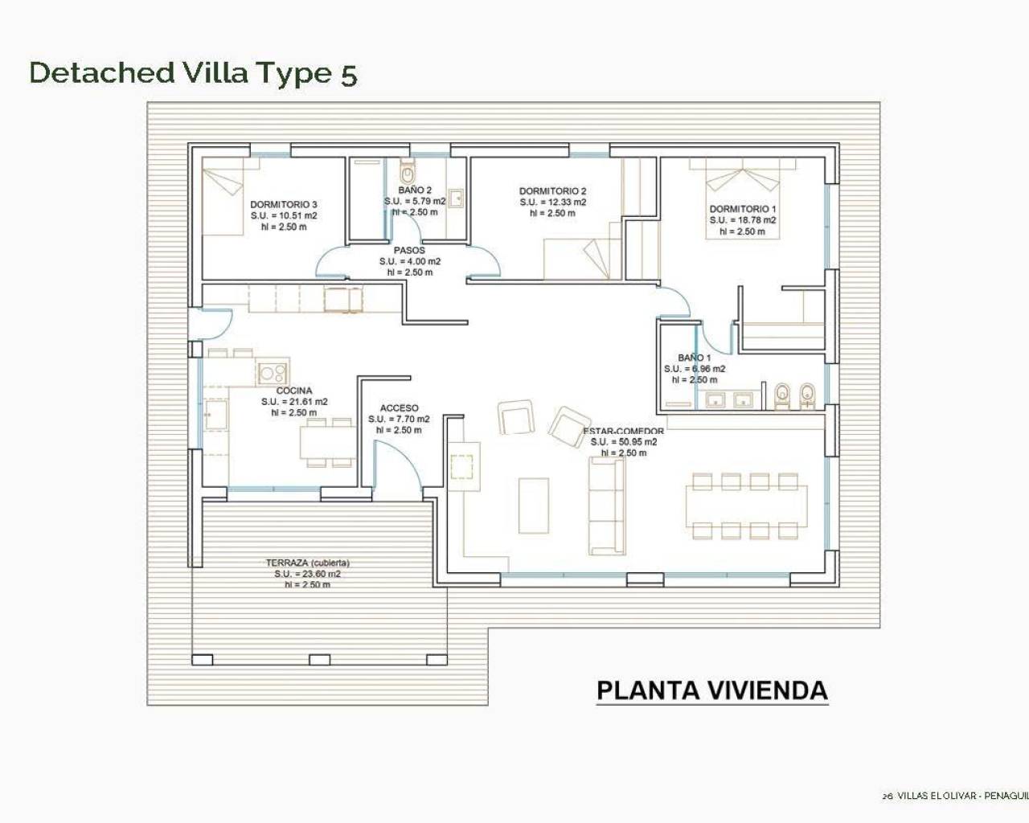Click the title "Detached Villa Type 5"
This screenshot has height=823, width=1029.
[193, 72]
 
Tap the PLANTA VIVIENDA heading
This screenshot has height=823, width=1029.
[711, 690]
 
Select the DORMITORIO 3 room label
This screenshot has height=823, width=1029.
[283, 204]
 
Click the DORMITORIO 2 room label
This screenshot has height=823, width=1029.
[552, 191]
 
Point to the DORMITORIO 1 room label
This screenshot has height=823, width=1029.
[742, 209]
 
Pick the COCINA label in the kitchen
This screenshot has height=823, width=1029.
[294, 391]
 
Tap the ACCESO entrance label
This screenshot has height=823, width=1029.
[399, 408]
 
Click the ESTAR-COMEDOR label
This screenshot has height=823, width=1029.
[624, 432]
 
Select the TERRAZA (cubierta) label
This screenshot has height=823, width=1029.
[307, 563]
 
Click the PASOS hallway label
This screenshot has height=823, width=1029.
[409, 250]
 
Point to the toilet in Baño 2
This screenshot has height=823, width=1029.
[408, 172]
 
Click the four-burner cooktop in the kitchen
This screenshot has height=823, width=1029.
[273, 372]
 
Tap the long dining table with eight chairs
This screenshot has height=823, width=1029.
[747, 506]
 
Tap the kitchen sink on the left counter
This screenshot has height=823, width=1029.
[214, 416]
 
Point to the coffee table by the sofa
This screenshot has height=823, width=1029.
[534, 506]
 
